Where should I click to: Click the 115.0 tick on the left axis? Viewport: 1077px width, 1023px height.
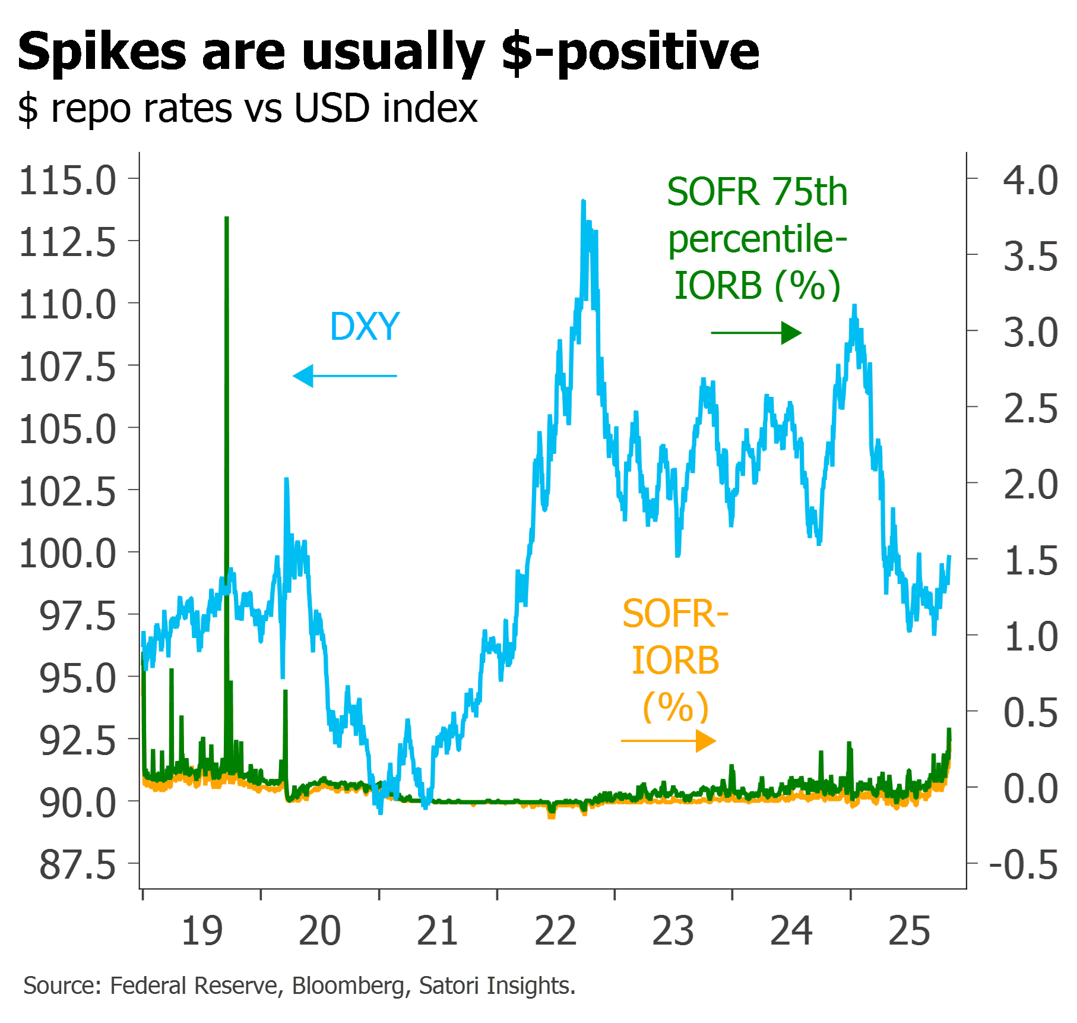click(68, 180)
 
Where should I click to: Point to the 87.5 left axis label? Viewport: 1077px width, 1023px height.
click(78, 865)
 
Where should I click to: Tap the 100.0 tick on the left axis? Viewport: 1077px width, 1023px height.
click(68, 554)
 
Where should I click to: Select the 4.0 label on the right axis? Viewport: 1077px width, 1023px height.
click(1031, 180)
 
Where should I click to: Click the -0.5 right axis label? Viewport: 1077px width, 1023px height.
click(1024, 865)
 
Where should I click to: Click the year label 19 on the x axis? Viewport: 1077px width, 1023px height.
click(202, 931)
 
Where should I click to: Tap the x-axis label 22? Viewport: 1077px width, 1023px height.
click(556, 931)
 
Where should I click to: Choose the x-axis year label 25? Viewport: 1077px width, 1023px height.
click(910, 931)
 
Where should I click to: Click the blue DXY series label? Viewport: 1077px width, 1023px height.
click(365, 327)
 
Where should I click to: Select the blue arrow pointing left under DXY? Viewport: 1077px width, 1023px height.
click(344, 376)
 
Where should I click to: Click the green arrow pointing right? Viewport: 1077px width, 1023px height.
click(757, 333)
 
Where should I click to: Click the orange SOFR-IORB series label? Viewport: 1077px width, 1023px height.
click(676, 659)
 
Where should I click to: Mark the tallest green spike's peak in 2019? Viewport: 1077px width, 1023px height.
click(227, 218)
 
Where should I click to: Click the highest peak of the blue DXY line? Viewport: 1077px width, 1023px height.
click(583, 201)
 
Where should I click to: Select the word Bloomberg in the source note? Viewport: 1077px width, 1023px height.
click(349, 986)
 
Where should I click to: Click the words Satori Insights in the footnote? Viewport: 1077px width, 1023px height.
click(497, 986)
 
